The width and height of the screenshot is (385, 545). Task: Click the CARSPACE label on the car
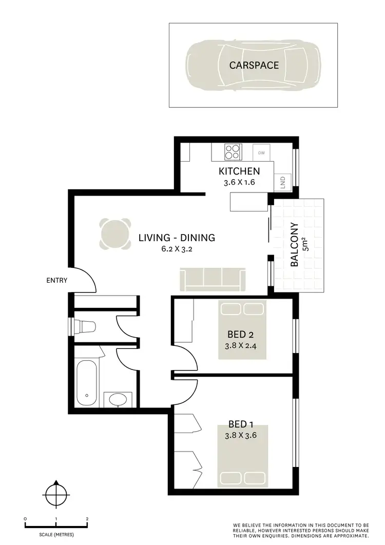point(254,65)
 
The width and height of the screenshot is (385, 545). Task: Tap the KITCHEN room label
point(239,171)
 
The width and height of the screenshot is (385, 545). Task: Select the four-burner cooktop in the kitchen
point(233,152)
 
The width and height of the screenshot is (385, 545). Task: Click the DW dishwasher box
point(262,153)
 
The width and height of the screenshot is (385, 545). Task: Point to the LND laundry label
point(283,183)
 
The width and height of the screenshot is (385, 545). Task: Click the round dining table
point(114,235)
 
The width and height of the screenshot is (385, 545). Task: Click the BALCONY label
point(295,245)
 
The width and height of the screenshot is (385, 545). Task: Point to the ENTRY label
point(56,280)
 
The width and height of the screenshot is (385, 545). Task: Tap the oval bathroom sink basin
point(118,399)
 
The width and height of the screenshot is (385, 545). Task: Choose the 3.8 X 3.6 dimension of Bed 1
point(241,436)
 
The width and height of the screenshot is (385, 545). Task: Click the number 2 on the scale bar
point(87,519)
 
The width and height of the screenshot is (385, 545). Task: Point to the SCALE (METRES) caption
point(55,535)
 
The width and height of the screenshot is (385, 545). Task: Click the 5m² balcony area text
point(306,245)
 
